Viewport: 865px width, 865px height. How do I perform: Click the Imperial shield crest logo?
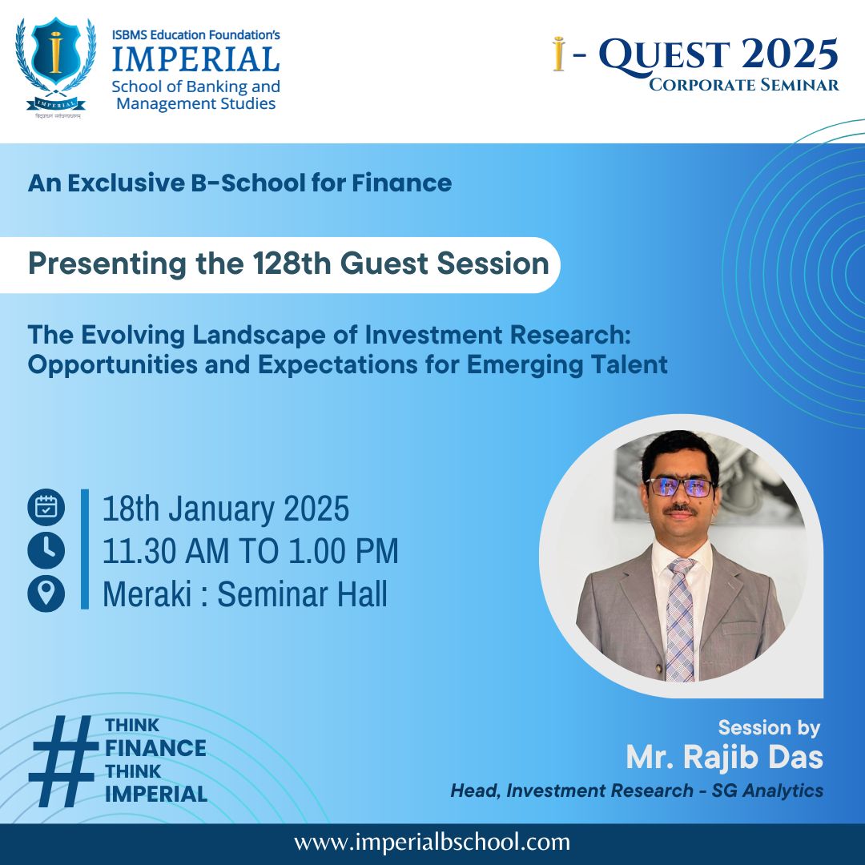click(x=55, y=67)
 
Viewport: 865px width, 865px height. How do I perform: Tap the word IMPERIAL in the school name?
click(x=196, y=59)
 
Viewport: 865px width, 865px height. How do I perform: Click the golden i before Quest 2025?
click(x=559, y=54)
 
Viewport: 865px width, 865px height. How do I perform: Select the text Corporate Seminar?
click(x=743, y=84)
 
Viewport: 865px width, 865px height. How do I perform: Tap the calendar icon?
click(x=46, y=507)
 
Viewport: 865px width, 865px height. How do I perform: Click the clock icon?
click(x=46, y=550)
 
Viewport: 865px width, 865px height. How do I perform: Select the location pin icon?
click(x=46, y=593)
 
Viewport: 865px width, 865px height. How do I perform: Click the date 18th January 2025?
click(x=226, y=508)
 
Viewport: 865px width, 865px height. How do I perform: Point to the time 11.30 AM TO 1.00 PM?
click(x=251, y=550)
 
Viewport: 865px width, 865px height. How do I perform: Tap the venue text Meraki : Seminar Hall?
click(x=245, y=593)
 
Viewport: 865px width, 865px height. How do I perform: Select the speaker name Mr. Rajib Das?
click(x=724, y=757)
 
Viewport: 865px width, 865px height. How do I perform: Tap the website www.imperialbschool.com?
click(x=432, y=843)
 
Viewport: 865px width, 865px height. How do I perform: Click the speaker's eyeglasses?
click(x=680, y=487)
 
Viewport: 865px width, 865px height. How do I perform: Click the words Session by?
click(x=769, y=728)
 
